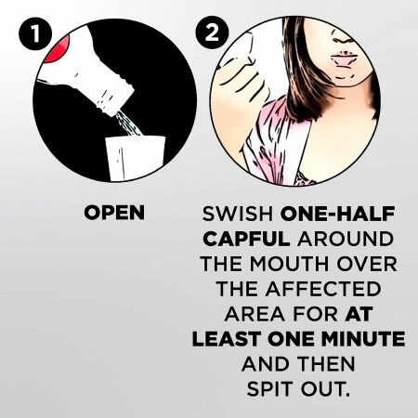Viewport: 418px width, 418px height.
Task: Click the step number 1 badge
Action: (35, 33)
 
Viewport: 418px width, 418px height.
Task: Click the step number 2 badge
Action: (213, 33)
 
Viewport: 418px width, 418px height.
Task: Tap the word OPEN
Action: (114, 213)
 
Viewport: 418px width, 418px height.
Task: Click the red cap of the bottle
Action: (58, 49)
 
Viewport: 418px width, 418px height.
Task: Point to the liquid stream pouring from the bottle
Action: (129, 124)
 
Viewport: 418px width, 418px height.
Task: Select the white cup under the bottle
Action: (136, 158)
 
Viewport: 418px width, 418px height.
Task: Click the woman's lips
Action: (345, 59)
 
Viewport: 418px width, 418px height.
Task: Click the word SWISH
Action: (238, 214)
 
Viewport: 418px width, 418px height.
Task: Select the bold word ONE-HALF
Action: (337, 214)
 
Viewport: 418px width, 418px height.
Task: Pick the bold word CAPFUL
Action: (247, 239)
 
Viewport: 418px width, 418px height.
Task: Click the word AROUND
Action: (346, 239)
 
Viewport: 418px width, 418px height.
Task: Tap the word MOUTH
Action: (289, 264)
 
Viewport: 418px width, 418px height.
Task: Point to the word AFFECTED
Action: (322, 289)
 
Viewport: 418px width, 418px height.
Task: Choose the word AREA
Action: (255, 314)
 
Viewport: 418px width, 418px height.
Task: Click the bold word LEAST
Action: (228, 339)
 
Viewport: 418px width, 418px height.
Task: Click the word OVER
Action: (367, 264)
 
